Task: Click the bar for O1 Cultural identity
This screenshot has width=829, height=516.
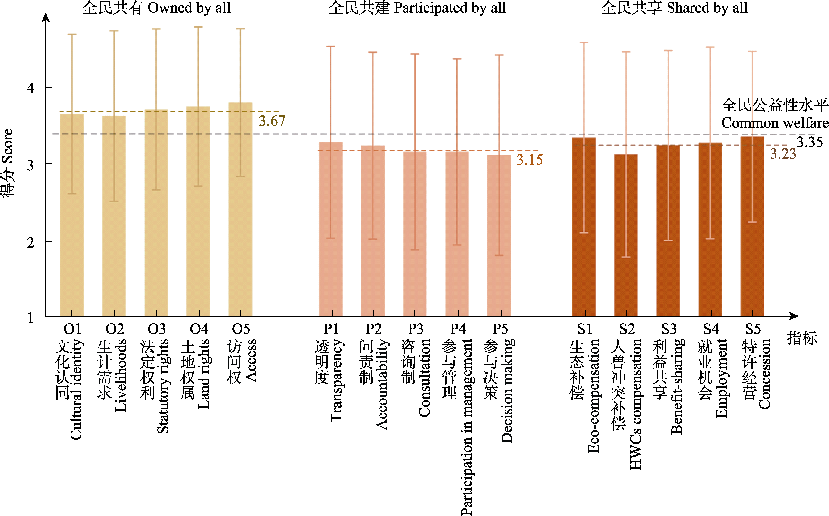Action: [x=72, y=215]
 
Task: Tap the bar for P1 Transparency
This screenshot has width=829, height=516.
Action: [x=330, y=229]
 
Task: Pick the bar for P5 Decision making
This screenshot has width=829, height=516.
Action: [x=499, y=235]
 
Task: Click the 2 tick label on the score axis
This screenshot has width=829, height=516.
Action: [x=30, y=243]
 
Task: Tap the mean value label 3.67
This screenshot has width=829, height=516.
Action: [x=272, y=121]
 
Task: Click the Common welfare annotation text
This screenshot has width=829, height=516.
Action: [x=775, y=123]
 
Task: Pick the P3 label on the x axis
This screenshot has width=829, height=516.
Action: [x=415, y=329]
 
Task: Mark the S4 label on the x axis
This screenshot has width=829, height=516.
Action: [x=711, y=329]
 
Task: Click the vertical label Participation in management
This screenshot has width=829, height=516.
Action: [x=466, y=426]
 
